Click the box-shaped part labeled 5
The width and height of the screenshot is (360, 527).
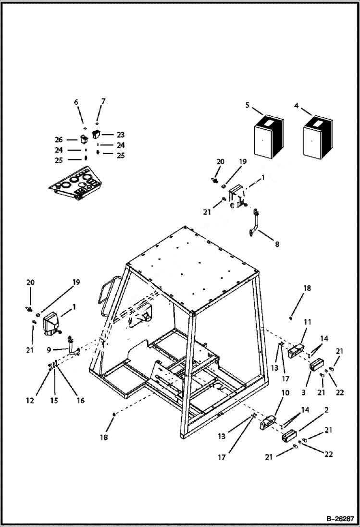(268, 136)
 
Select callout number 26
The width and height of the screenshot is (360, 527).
(58, 140)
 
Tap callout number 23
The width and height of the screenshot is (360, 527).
(120, 135)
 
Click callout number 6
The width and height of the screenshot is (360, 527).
(76, 102)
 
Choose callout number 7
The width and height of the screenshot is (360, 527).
(103, 101)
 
